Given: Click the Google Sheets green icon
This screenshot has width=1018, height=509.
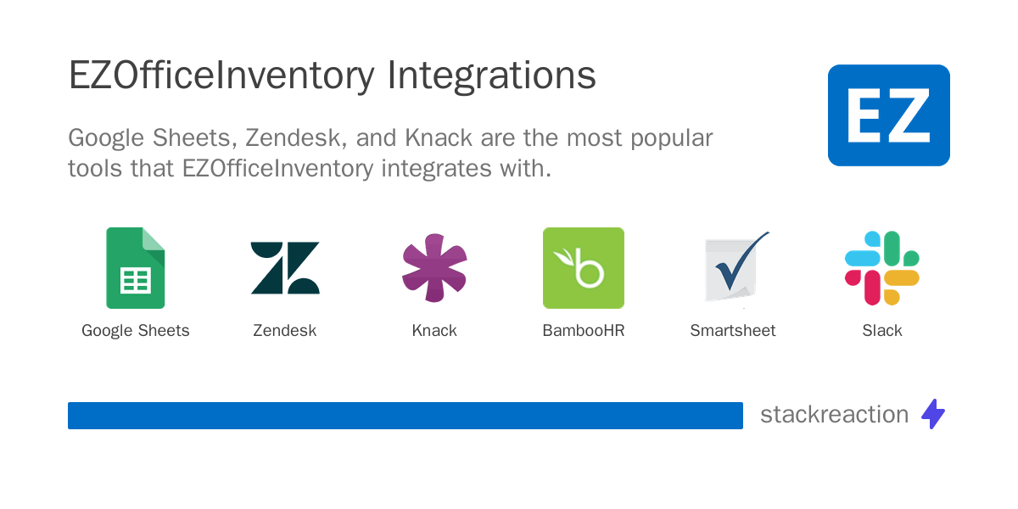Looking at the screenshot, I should click(x=135, y=267).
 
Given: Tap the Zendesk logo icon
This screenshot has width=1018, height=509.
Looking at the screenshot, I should click(x=285, y=268).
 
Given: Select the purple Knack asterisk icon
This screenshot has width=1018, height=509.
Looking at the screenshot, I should click(x=434, y=268).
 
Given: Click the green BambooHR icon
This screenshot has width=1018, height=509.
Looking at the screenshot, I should click(x=584, y=268).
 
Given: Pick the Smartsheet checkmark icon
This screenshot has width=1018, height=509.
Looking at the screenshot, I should click(x=735, y=268).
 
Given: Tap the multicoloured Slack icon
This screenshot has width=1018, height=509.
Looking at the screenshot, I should click(x=882, y=268).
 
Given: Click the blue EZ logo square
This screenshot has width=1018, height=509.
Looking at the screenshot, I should click(x=888, y=115).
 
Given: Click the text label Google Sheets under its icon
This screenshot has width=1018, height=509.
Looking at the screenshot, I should click(x=136, y=331).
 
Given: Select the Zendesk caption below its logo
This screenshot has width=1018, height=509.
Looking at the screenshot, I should click(x=285, y=331).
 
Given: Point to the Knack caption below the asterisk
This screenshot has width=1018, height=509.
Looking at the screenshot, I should click(x=434, y=331).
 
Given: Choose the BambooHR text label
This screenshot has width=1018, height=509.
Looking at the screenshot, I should click(x=584, y=331).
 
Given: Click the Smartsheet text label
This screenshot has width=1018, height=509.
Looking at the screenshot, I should click(x=733, y=331).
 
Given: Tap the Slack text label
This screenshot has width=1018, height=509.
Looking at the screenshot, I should click(x=882, y=331).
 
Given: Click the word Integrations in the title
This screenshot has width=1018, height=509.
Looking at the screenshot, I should click(x=491, y=76).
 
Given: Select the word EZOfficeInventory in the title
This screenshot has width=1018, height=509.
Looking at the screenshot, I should click(x=221, y=76).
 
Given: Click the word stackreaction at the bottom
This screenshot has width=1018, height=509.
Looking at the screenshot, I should click(x=834, y=415).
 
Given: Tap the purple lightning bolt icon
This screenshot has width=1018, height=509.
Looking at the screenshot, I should click(x=933, y=414).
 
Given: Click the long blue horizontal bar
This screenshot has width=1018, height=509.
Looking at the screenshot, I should click(x=406, y=416).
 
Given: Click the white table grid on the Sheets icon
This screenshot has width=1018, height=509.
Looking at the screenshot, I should click(x=136, y=279).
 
